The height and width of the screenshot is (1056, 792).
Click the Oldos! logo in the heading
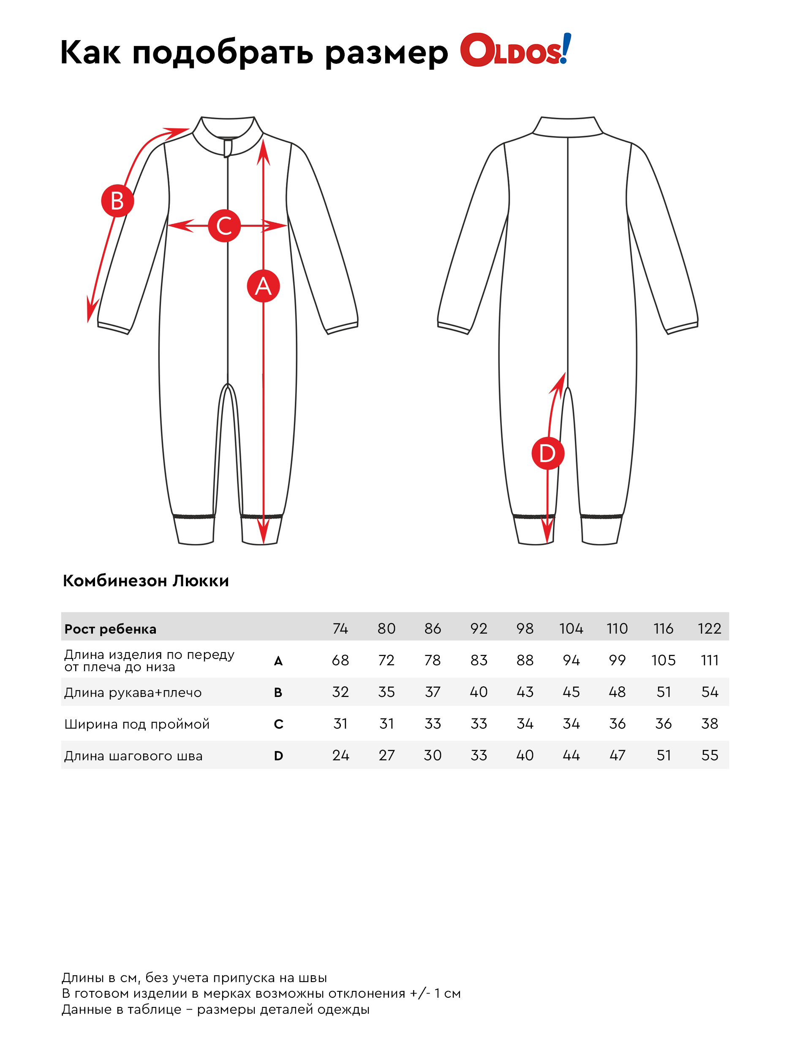click(x=515, y=50)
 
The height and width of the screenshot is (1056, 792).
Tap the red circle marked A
click(x=263, y=286)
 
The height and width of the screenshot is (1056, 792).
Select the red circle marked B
click(x=117, y=201)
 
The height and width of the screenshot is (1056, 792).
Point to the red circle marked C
click(x=224, y=226)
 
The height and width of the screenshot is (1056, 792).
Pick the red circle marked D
click(x=547, y=453)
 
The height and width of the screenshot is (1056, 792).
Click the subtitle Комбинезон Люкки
click(x=146, y=581)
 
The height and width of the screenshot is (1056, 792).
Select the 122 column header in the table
click(x=709, y=628)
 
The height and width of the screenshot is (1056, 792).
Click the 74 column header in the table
click(x=340, y=628)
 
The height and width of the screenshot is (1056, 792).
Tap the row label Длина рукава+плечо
click(x=133, y=692)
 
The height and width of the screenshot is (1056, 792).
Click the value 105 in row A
click(x=663, y=660)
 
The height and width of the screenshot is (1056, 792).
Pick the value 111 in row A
click(x=709, y=660)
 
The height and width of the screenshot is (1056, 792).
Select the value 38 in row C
click(x=709, y=724)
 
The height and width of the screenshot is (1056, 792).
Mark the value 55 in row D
click(x=709, y=755)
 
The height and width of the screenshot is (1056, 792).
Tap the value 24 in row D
click(x=340, y=755)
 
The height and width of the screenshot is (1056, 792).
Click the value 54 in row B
click(x=709, y=692)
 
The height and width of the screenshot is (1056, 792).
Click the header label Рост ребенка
click(x=110, y=629)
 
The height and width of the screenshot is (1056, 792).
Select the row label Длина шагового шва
click(x=133, y=756)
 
